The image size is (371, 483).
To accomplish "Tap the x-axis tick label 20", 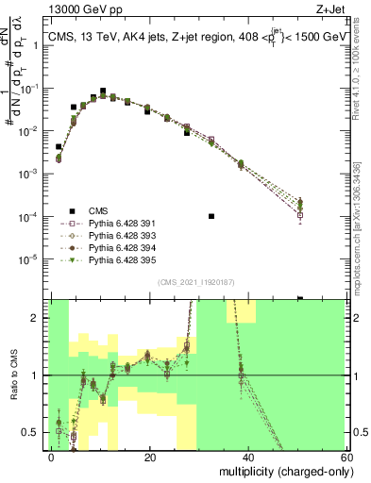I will tap(148, 458).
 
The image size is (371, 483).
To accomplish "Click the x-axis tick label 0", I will tap(52, 458).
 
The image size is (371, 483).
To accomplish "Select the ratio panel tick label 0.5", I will tap(36, 433).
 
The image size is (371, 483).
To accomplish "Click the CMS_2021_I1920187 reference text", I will tap(196, 282).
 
